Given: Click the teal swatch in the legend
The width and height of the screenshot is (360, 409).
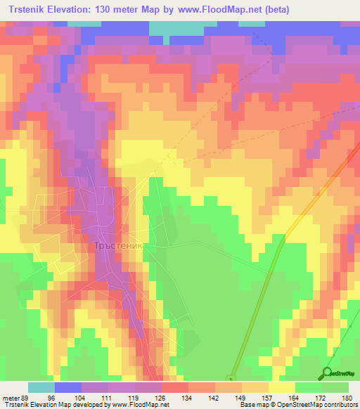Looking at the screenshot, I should tap(41, 387).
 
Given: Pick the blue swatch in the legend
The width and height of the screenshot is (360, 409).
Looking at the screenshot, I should tap(67, 387).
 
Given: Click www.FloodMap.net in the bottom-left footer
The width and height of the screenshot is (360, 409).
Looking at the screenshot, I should tap(138, 404).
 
